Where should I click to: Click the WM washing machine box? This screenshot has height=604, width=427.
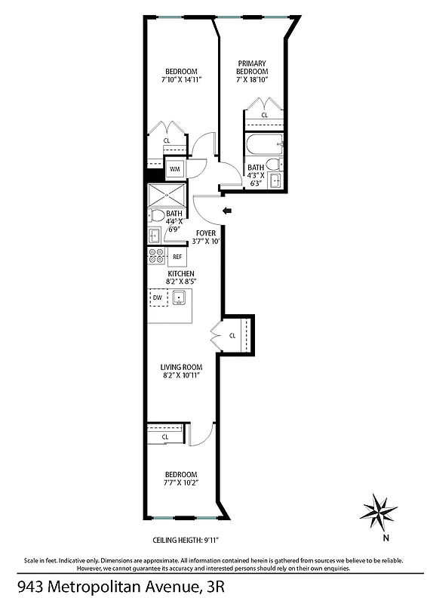(174, 168)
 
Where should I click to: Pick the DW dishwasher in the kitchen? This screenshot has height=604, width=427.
(158, 298)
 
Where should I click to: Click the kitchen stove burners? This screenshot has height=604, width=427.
(157, 256)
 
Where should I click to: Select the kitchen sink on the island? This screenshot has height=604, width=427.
(180, 298)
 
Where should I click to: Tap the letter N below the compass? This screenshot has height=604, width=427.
(386, 538)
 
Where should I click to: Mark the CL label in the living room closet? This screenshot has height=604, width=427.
(232, 335)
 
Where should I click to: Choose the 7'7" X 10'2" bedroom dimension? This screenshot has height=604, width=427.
(181, 482)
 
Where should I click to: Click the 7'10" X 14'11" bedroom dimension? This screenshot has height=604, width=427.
(181, 78)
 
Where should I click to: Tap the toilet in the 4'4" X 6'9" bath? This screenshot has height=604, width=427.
(158, 216)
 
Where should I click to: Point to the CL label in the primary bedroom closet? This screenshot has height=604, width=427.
(264, 116)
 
